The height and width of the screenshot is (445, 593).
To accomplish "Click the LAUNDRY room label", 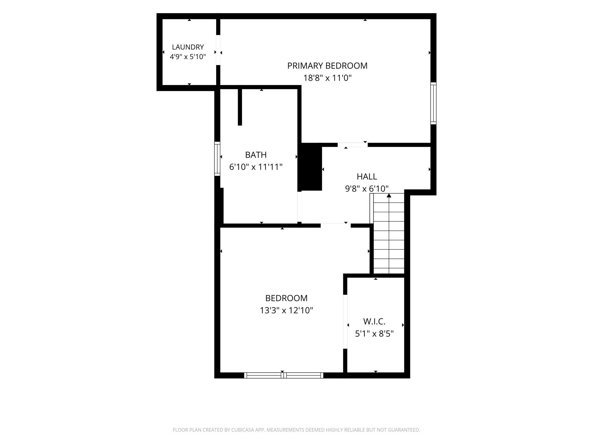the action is pos(188,47).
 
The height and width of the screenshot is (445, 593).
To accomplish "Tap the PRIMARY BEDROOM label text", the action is pos(327,66).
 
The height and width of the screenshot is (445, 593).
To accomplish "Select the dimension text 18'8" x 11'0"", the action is pos(327,78).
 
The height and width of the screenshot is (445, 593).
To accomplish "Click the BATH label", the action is pos(256,155).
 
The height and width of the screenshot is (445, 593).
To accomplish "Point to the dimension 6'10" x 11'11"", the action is pos(256,167).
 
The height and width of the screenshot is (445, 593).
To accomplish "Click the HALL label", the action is pos(367,177).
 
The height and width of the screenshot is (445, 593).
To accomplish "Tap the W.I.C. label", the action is pos(374,321).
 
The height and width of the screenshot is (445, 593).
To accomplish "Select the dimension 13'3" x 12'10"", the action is pos(287,310).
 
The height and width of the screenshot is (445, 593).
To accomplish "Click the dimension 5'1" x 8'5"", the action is pos(374,333).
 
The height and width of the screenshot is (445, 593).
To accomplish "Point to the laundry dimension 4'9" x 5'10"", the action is pos(188,57).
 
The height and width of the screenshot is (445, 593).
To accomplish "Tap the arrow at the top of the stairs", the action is pos(389,195).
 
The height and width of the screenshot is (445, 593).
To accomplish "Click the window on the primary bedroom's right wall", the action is pos(433,103).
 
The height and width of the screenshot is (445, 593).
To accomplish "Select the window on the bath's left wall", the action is pos(217,159).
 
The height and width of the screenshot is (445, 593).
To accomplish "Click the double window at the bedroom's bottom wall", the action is pos(284,375).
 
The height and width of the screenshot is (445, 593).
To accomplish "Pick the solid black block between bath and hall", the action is pos(310,167).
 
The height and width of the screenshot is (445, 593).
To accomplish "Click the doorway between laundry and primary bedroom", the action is pos(218,50).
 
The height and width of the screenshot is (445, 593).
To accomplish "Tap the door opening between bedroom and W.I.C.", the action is pos(345,321).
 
